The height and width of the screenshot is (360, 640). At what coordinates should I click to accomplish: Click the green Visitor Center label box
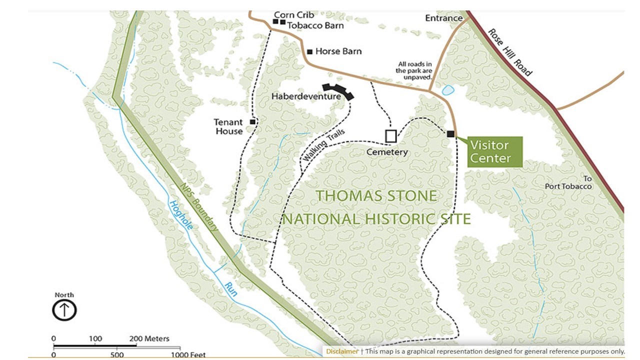tap(495, 152)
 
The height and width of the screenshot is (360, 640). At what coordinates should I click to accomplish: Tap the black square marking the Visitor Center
tap(450, 133)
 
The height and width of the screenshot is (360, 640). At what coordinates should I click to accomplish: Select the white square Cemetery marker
tap(391, 136)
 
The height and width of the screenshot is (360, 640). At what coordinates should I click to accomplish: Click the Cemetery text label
tap(387, 152)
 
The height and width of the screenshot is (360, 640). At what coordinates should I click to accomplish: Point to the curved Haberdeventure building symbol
tap(338, 91)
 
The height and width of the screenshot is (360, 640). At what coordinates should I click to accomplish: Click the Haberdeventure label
tap(306, 96)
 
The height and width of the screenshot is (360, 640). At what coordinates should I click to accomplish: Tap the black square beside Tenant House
tap(253, 121)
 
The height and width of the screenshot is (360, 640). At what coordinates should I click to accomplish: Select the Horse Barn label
tap(338, 51)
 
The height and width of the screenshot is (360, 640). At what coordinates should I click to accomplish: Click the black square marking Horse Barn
tap(309, 51)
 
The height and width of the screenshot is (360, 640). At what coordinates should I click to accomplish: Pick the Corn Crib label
tap(294, 15)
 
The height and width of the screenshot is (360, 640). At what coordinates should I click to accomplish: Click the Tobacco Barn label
tap(315, 25)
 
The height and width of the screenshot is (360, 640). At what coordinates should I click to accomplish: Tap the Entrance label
tap(443, 18)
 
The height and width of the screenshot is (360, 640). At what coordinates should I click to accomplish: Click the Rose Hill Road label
tap(510, 51)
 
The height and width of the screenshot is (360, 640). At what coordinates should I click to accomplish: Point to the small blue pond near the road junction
tap(448, 90)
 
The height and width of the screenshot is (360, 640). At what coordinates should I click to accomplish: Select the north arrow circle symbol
tap(64, 310)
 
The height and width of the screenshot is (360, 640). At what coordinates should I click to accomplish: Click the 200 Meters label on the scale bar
tap(149, 338)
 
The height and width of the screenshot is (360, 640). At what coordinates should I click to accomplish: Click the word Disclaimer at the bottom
tap(342, 351)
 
